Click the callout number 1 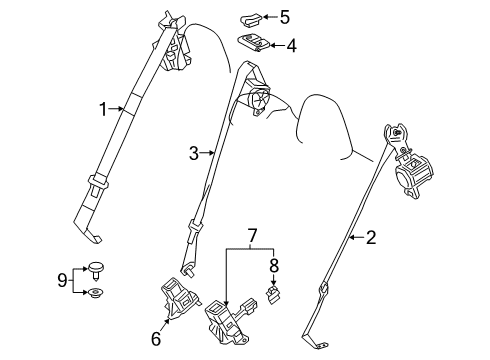click(103, 107)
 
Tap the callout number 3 click(194, 153)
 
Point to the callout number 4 click(291, 45)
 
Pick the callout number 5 click(285, 16)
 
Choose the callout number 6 click(155, 339)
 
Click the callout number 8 click(273, 268)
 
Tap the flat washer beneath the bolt click(96, 293)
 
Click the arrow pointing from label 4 click(275, 45)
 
